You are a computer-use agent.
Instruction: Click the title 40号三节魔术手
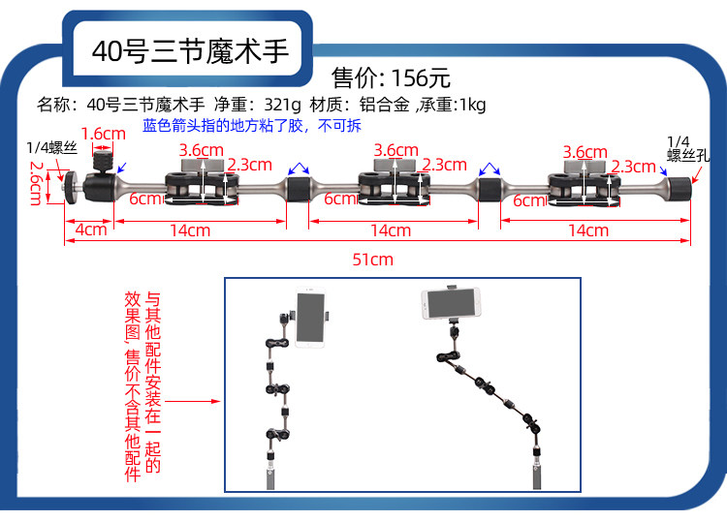[190, 50]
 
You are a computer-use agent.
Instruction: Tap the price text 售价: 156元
[392, 77]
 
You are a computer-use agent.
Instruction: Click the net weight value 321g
[282, 105]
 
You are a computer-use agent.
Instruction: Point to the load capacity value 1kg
[471, 105]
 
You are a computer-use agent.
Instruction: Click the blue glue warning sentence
[251, 126]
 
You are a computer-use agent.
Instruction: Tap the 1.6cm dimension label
[104, 133]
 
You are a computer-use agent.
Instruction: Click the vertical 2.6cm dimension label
[36, 182]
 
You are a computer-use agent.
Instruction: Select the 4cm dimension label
[90, 230]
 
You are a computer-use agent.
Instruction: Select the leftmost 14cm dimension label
[190, 230]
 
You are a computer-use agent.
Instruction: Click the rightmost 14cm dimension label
[588, 230]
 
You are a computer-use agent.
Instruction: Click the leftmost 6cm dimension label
[144, 199]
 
